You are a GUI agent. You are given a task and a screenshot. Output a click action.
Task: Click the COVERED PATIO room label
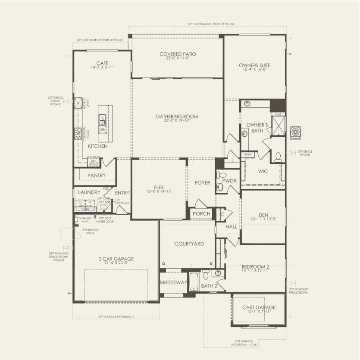178,54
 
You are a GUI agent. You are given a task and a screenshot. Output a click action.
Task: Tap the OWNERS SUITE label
255,66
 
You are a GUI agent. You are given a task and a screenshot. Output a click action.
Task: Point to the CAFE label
102,63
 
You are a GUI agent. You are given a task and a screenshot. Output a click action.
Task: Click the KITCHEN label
98,146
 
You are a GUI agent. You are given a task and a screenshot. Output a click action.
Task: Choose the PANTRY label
96,175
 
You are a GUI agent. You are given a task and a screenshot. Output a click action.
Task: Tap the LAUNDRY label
89,192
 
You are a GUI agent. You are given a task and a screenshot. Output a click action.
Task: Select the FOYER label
202,183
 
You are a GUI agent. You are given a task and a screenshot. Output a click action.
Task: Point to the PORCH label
201,214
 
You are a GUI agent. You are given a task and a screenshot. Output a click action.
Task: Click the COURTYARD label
189,244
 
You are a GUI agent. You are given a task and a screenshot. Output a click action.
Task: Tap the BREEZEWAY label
173,283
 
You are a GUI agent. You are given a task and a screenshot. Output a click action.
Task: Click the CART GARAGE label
259,307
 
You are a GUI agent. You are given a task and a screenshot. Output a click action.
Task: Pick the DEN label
263,215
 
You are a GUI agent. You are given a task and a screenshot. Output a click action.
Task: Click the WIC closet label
263,172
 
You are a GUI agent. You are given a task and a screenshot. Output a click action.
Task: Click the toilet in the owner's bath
278,157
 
